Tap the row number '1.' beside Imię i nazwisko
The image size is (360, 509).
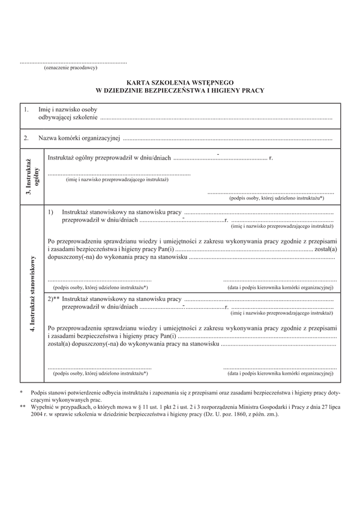click(x=26, y=110)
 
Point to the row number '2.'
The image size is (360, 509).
click(x=26, y=139)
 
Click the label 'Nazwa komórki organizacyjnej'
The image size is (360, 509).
click(x=79, y=139)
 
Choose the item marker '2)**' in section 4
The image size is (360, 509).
click(x=54, y=299)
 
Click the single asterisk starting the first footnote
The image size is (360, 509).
click(x=22, y=391)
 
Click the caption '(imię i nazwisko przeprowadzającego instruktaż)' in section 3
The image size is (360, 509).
click(x=118, y=179)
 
